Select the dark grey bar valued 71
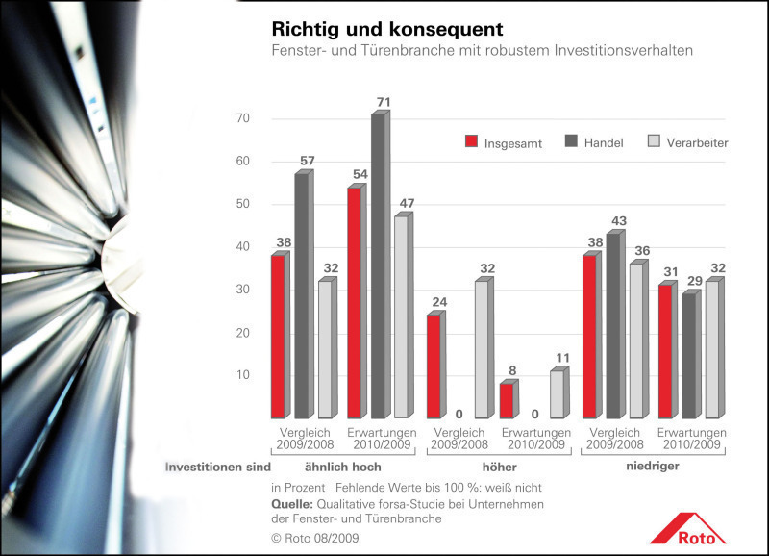(x=379, y=265)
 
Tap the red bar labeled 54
(x=355, y=302)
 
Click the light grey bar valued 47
(x=402, y=316)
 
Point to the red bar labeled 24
(x=434, y=366)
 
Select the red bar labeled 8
(x=506, y=400)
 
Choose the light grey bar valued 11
(x=557, y=393)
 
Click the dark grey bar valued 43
(x=612, y=325)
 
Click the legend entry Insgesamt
(x=503, y=142)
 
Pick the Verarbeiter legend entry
(x=685, y=142)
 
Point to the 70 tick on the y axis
(x=242, y=118)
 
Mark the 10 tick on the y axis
(x=242, y=375)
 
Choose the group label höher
(x=493, y=467)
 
